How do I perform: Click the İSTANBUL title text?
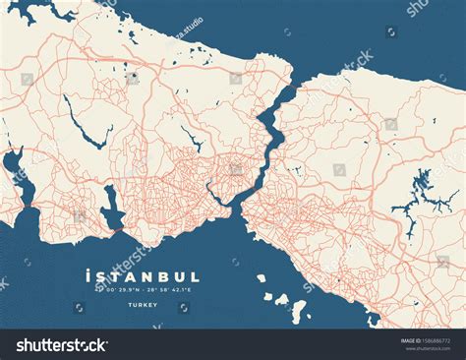pyautogui.click(x=143, y=277)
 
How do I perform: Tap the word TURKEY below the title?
pyautogui.click(x=143, y=305)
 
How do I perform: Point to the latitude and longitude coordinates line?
pyautogui.click(x=143, y=290)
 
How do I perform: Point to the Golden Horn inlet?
pyautogui.click(x=218, y=187)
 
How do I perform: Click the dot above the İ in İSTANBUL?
pyautogui.click(x=89, y=269)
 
